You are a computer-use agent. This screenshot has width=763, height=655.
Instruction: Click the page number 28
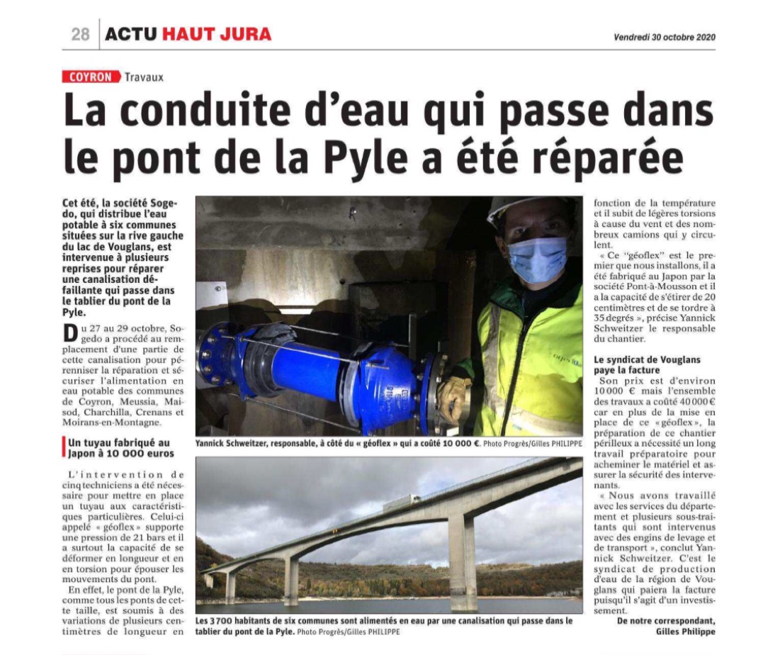pyautogui.click(x=80, y=33)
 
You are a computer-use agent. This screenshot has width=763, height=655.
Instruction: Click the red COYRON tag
pyautogui.click(x=91, y=77)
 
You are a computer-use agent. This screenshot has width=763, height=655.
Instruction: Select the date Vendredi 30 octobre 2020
pyautogui.click(x=664, y=38)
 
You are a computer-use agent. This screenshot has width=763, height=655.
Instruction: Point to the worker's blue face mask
pyautogui.click(x=537, y=259)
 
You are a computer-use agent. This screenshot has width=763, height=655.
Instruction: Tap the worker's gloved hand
pyautogui.click(x=453, y=396)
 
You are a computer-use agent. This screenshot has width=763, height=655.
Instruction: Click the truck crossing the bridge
pyautogui.click(x=402, y=503)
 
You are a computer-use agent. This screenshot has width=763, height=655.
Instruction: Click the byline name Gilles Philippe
pyautogui.click(x=685, y=632)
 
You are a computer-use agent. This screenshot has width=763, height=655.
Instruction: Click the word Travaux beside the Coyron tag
pyautogui.click(x=144, y=77)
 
